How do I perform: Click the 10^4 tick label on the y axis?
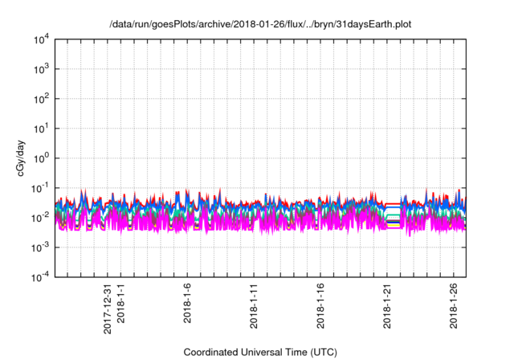pyautogui.click(x=41, y=39)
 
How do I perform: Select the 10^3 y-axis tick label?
pyautogui.click(x=41, y=69)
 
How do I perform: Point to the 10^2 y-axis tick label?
pyautogui.click(x=41, y=99)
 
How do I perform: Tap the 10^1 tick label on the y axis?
pyautogui.click(x=41, y=128)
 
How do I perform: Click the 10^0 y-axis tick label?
pyautogui.click(x=41, y=157)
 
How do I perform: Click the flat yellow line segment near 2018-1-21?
pyautogui.click(x=393, y=227)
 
